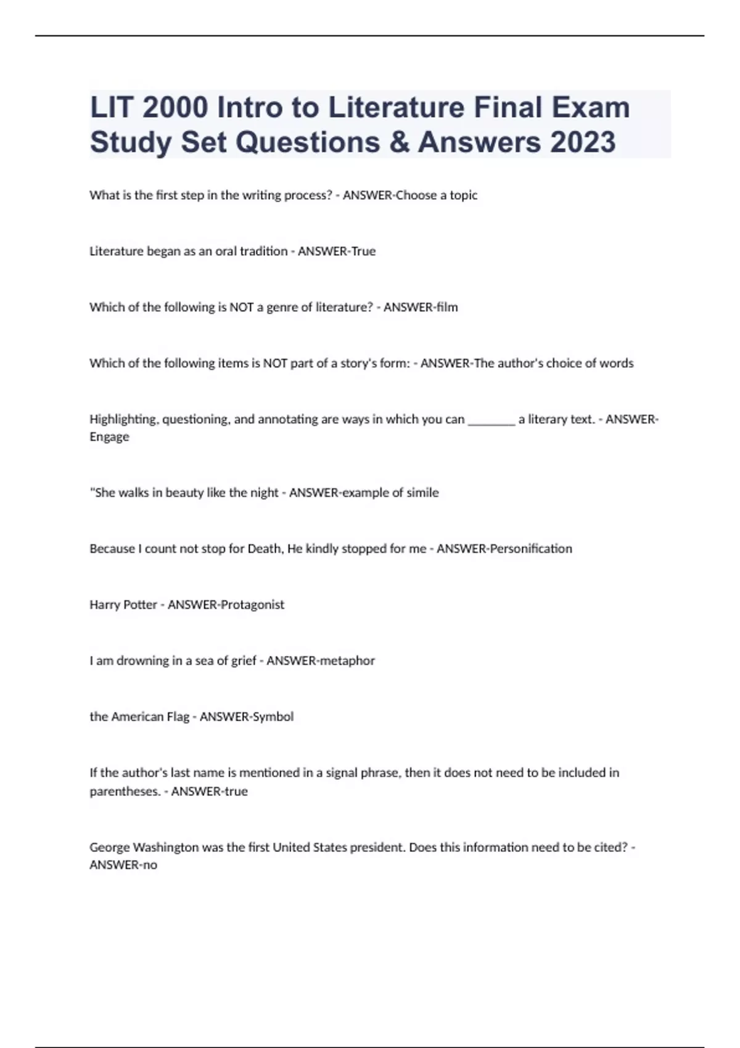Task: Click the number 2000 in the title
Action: pyautogui.click(x=175, y=107)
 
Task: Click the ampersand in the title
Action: pyautogui.click(x=398, y=142)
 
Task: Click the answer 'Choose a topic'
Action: pyautogui.click(x=436, y=195)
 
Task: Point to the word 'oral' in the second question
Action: pyautogui.click(x=226, y=252)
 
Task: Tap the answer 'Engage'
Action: pyautogui.click(x=109, y=437)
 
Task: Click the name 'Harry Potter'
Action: pyautogui.click(x=123, y=605)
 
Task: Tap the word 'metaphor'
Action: pyautogui.click(x=347, y=661)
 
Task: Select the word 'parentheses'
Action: pyautogui.click(x=126, y=792)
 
